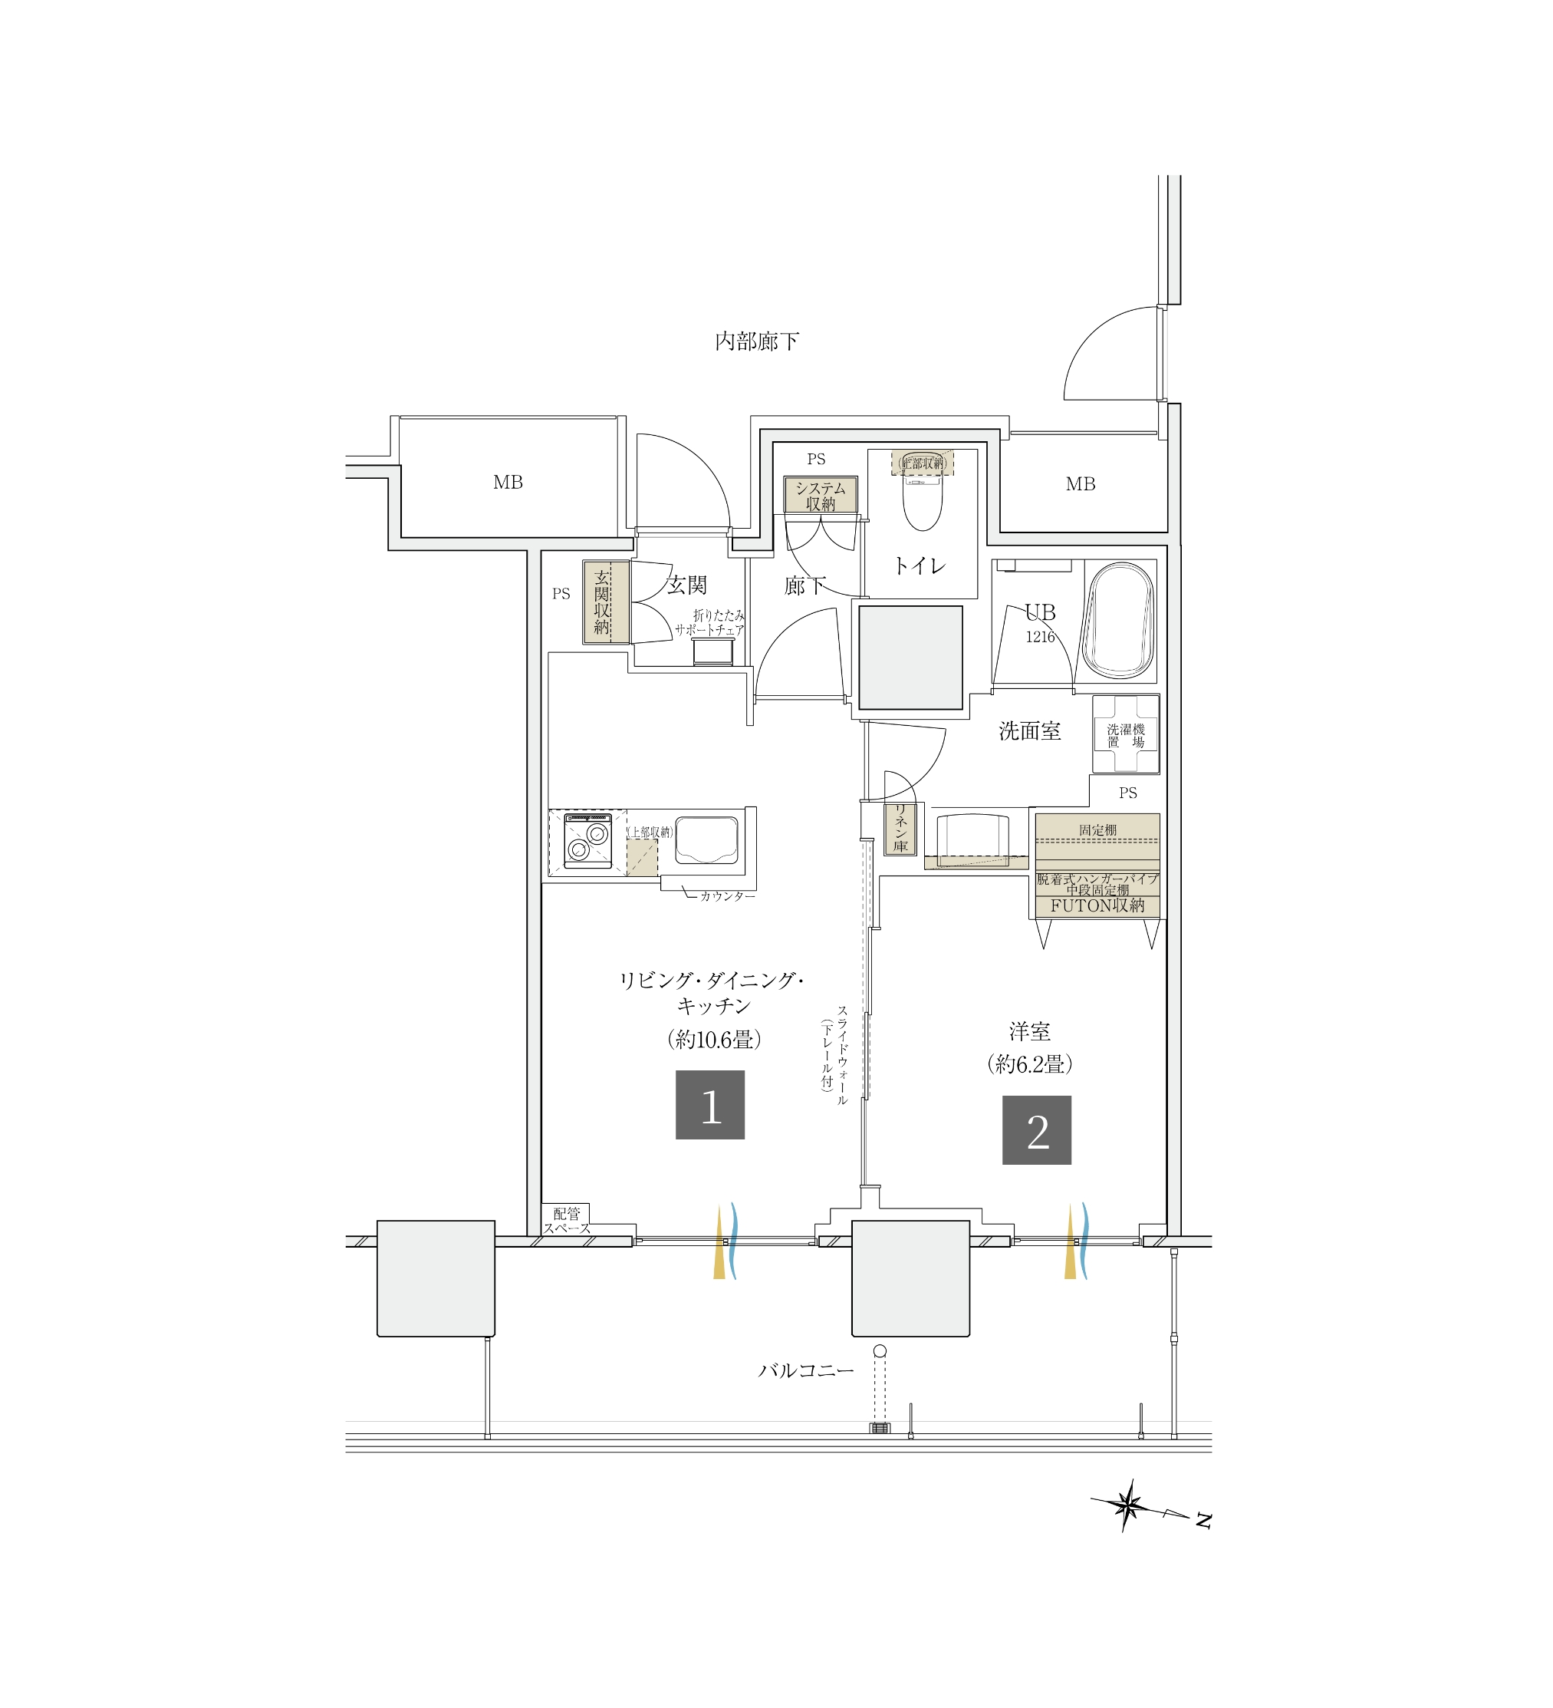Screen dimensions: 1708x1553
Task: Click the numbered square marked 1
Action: (709, 1105)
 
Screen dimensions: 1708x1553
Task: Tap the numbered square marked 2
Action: (1036, 1130)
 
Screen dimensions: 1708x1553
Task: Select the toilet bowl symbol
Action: (922, 500)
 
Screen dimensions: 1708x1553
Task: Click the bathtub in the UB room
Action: (1120, 621)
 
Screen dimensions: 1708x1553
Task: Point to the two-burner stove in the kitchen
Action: (587, 841)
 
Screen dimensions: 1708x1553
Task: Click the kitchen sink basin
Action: (706, 839)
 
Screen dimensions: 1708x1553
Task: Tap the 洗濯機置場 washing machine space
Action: (1125, 734)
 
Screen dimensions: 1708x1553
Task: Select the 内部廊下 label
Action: (756, 341)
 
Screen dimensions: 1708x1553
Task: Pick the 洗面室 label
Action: (1029, 730)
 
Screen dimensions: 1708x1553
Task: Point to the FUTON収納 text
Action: (1097, 905)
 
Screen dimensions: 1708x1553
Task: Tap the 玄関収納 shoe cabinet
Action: (605, 602)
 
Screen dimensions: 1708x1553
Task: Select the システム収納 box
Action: (820, 495)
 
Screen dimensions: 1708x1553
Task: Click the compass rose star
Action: (1127, 1505)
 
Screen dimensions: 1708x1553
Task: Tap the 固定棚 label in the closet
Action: (1097, 830)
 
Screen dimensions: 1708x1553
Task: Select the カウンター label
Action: (727, 896)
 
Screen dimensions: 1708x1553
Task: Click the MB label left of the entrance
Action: (508, 482)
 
